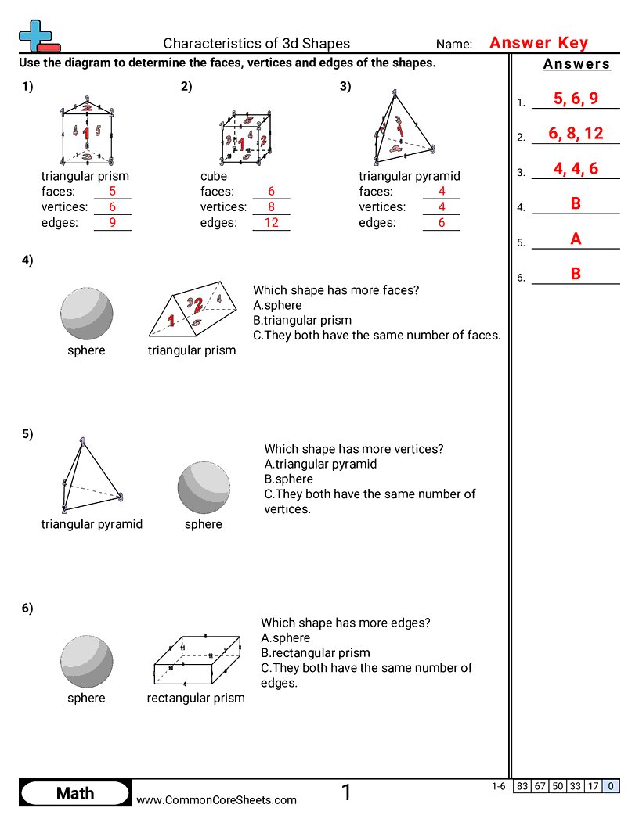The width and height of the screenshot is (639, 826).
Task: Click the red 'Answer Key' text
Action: tap(538, 43)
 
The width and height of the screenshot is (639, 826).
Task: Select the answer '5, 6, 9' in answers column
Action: tap(575, 99)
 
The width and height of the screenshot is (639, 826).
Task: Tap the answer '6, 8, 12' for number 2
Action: tap(575, 134)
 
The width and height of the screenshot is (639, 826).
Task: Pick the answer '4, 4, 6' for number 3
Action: tap(575, 169)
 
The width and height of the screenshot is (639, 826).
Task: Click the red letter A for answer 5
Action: tap(576, 239)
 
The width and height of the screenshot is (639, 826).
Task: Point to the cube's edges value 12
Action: tap(271, 223)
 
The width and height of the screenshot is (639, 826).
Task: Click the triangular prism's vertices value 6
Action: tap(112, 207)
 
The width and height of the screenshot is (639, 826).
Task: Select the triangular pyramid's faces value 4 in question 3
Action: tap(441, 192)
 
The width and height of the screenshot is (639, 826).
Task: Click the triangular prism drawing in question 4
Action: tap(192, 311)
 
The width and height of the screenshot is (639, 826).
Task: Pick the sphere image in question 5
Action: tap(204, 487)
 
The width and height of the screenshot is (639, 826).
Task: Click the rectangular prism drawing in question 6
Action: tap(195, 659)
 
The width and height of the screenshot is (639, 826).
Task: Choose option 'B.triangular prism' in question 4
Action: tap(302, 320)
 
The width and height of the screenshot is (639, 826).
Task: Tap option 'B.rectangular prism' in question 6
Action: tap(316, 653)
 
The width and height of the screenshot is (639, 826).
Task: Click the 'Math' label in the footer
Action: tap(75, 793)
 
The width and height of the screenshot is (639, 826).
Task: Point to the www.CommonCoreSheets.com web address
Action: tap(216, 799)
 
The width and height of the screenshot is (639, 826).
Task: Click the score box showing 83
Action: tap(522, 787)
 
